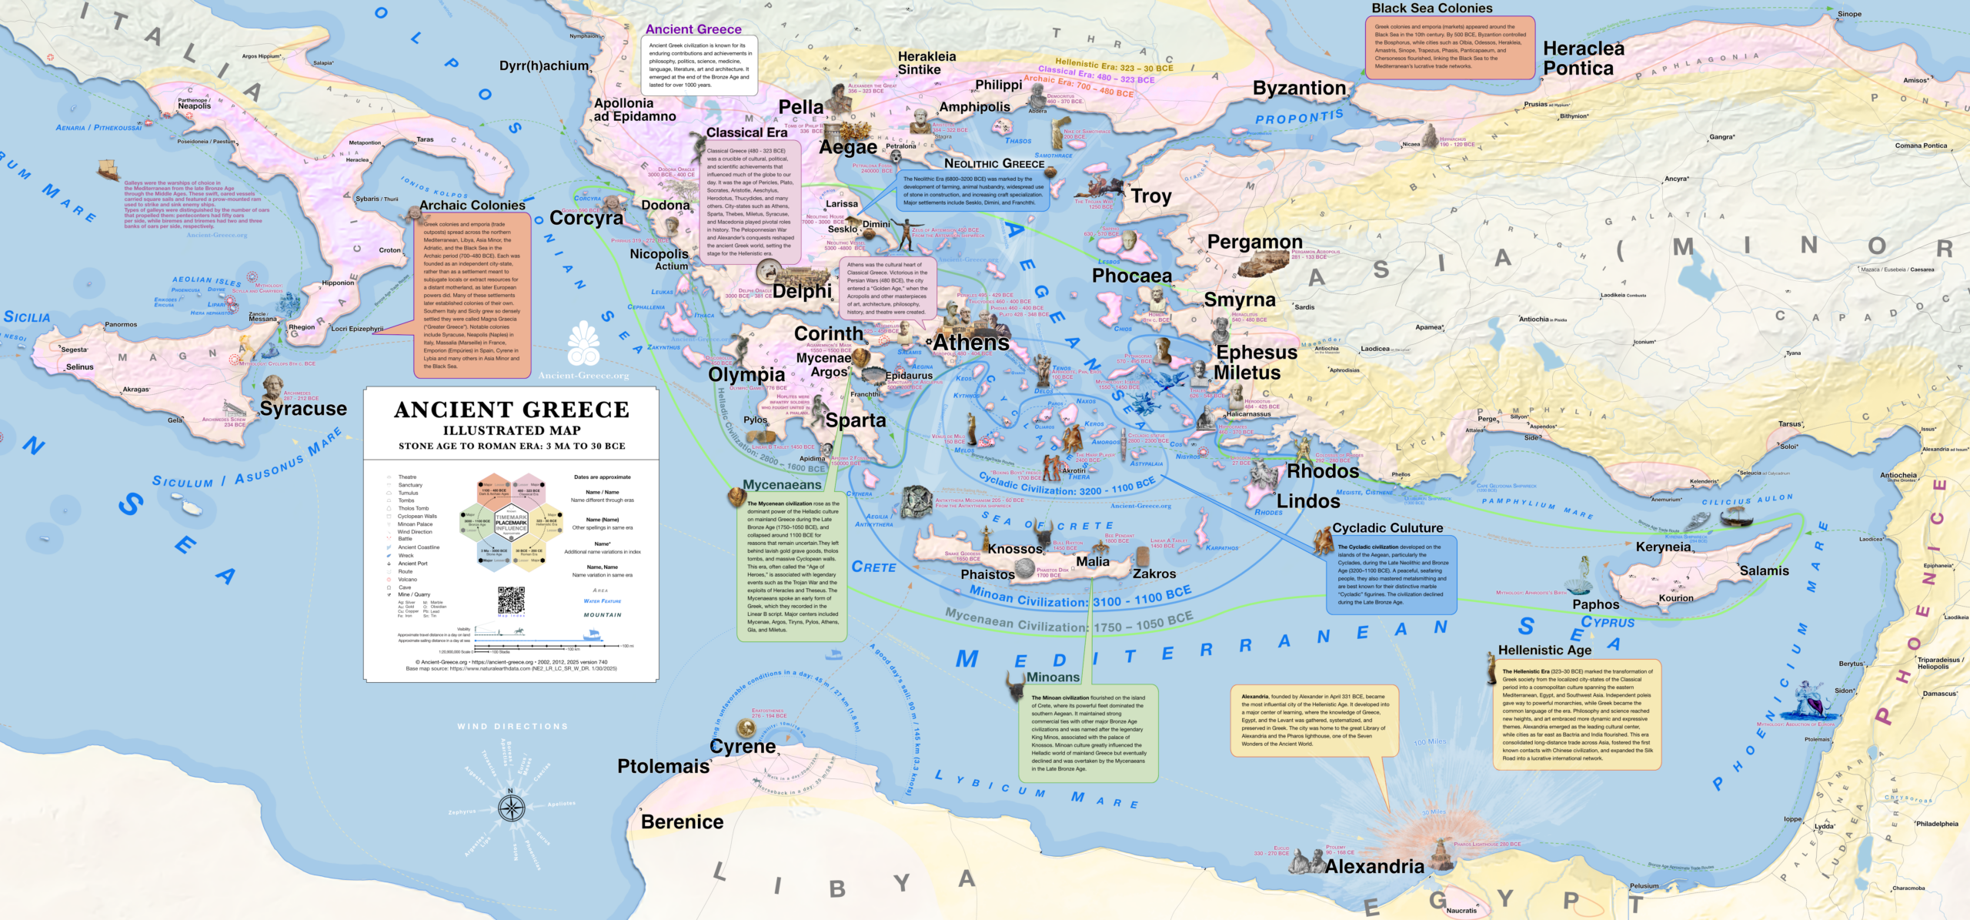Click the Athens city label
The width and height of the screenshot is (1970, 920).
pyautogui.click(x=971, y=343)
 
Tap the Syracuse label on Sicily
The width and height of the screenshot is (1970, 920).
pyautogui.click(x=303, y=409)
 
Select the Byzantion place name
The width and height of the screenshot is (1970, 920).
pyautogui.click(x=1299, y=89)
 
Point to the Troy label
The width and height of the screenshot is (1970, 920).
pyautogui.click(x=1150, y=196)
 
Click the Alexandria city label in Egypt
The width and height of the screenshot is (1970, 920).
pyautogui.click(x=1374, y=867)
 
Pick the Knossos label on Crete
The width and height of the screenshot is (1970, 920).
pyautogui.click(x=1014, y=549)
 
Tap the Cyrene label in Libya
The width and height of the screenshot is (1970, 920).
pyautogui.click(x=743, y=747)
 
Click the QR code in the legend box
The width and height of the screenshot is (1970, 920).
pyautogui.click(x=511, y=600)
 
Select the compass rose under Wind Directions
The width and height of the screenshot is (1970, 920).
pyautogui.click(x=511, y=808)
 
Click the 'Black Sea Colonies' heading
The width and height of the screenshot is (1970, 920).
pyautogui.click(x=1431, y=8)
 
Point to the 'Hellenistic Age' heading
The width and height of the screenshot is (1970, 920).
pyautogui.click(x=1544, y=651)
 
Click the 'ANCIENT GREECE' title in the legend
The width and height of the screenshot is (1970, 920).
pyautogui.click(x=511, y=410)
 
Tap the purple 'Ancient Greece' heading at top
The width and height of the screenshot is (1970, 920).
pyautogui.click(x=693, y=29)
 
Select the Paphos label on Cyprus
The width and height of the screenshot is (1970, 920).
pyautogui.click(x=1595, y=605)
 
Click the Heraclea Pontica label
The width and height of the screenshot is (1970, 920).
pyautogui.click(x=1583, y=59)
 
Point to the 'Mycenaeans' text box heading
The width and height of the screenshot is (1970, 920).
pyautogui.click(x=782, y=485)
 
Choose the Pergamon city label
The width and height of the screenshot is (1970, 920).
pyautogui.click(x=1254, y=243)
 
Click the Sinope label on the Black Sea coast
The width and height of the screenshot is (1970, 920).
pyautogui.click(x=1865, y=14)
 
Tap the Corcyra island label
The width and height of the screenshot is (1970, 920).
pyautogui.click(x=586, y=219)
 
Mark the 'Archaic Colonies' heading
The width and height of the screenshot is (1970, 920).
pyautogui.click(x=472, y=206)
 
